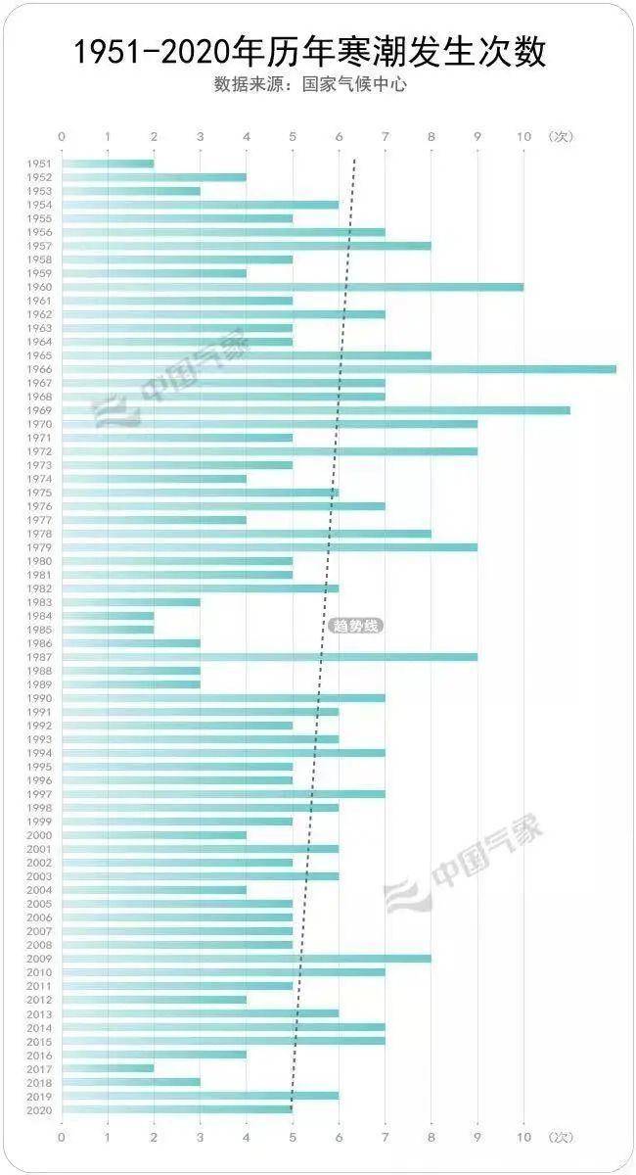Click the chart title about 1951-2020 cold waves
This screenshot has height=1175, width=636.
[310, 52]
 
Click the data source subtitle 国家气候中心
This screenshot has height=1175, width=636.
[310, 84]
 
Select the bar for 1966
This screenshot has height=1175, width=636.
[339, 369]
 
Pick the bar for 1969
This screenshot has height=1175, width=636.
[315, 410]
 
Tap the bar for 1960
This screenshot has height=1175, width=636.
[293, 287]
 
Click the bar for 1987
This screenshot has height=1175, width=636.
[269, 657]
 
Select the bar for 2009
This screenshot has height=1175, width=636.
[247, 959]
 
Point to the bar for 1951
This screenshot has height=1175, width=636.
[108, 164]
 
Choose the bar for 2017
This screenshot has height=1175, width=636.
[108, 1068]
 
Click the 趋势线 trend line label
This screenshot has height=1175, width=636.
[355, 626]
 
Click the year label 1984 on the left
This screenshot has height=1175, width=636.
[39, 616]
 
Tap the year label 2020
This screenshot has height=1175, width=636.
[39, 1109]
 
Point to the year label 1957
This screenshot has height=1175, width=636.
[39, 246]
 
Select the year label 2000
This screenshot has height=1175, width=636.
[39, 835]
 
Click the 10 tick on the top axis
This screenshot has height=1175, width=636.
[523, 137]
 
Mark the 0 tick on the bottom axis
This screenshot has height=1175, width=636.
[62, 1137]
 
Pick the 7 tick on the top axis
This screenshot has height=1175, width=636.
[385, 137]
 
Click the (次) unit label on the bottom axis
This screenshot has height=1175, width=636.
[561, 1137]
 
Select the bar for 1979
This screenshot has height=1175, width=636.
[269, 547]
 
